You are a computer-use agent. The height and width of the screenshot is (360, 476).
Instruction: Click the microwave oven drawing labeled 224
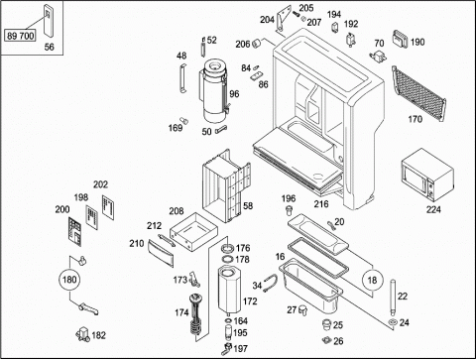[x=427, y=175]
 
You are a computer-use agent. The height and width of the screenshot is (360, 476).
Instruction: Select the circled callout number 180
[x=69, y=280]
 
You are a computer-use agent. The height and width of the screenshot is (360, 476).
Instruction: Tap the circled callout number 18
[x=372, y=281]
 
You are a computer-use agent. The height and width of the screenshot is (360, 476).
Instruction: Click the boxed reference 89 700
[x=20, y=36]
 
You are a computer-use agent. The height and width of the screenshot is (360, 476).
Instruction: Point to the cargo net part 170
[x=418, y=93]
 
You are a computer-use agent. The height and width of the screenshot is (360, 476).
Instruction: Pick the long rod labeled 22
[x=392, y=299]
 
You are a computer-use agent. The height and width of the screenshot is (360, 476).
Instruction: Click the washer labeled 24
[x=393, y=322]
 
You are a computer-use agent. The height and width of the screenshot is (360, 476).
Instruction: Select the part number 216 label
[x=321, y=204]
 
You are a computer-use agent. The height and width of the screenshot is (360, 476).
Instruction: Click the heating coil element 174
[x=195, y=314]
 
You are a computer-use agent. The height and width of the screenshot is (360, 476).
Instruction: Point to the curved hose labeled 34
[x=272, y=284]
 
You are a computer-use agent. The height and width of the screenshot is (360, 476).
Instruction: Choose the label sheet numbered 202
[x=108, y=207]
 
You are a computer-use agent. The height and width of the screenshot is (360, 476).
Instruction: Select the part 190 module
[x=401, y=39]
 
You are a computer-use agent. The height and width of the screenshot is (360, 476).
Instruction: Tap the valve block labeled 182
[x=82, y=334]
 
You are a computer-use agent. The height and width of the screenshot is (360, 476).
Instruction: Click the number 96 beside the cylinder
[x=234, y=94]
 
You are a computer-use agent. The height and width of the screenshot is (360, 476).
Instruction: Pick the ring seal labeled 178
[x=227, y=259]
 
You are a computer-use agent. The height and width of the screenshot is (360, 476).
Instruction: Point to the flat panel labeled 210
[x=161, y=254]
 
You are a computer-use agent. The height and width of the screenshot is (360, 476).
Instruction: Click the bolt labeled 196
[x=290, y=210]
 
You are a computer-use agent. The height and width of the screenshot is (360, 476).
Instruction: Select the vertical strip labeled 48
[x=182, y=78]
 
